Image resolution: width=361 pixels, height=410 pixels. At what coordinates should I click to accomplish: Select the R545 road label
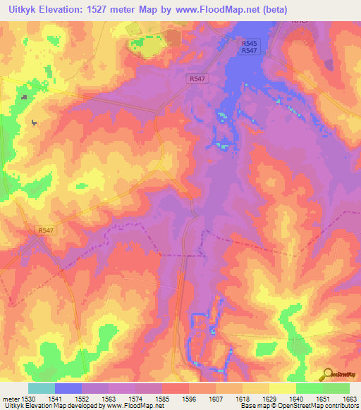(247, 42)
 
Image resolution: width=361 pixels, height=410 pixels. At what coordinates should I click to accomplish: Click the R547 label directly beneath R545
(247, 50)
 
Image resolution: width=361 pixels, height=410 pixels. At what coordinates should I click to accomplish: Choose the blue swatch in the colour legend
(68, 388)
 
